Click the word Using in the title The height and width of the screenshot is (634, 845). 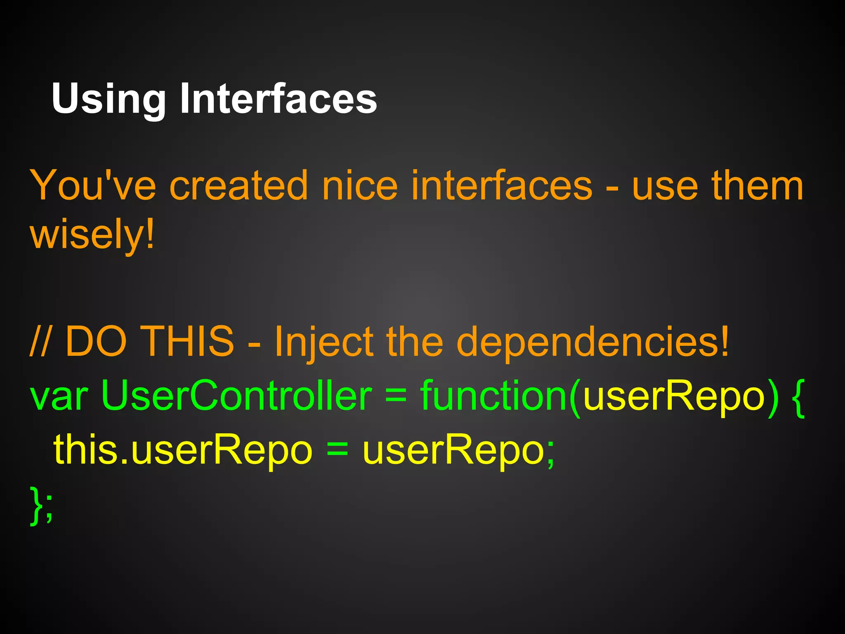coord(108,99)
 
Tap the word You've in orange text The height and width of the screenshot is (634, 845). coord(93,186)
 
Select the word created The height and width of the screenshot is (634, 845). coord(239,186)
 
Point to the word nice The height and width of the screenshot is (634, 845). coord(359,186)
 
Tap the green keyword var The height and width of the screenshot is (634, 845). coord(59,396)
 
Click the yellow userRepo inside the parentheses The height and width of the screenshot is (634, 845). coord(674,396)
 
